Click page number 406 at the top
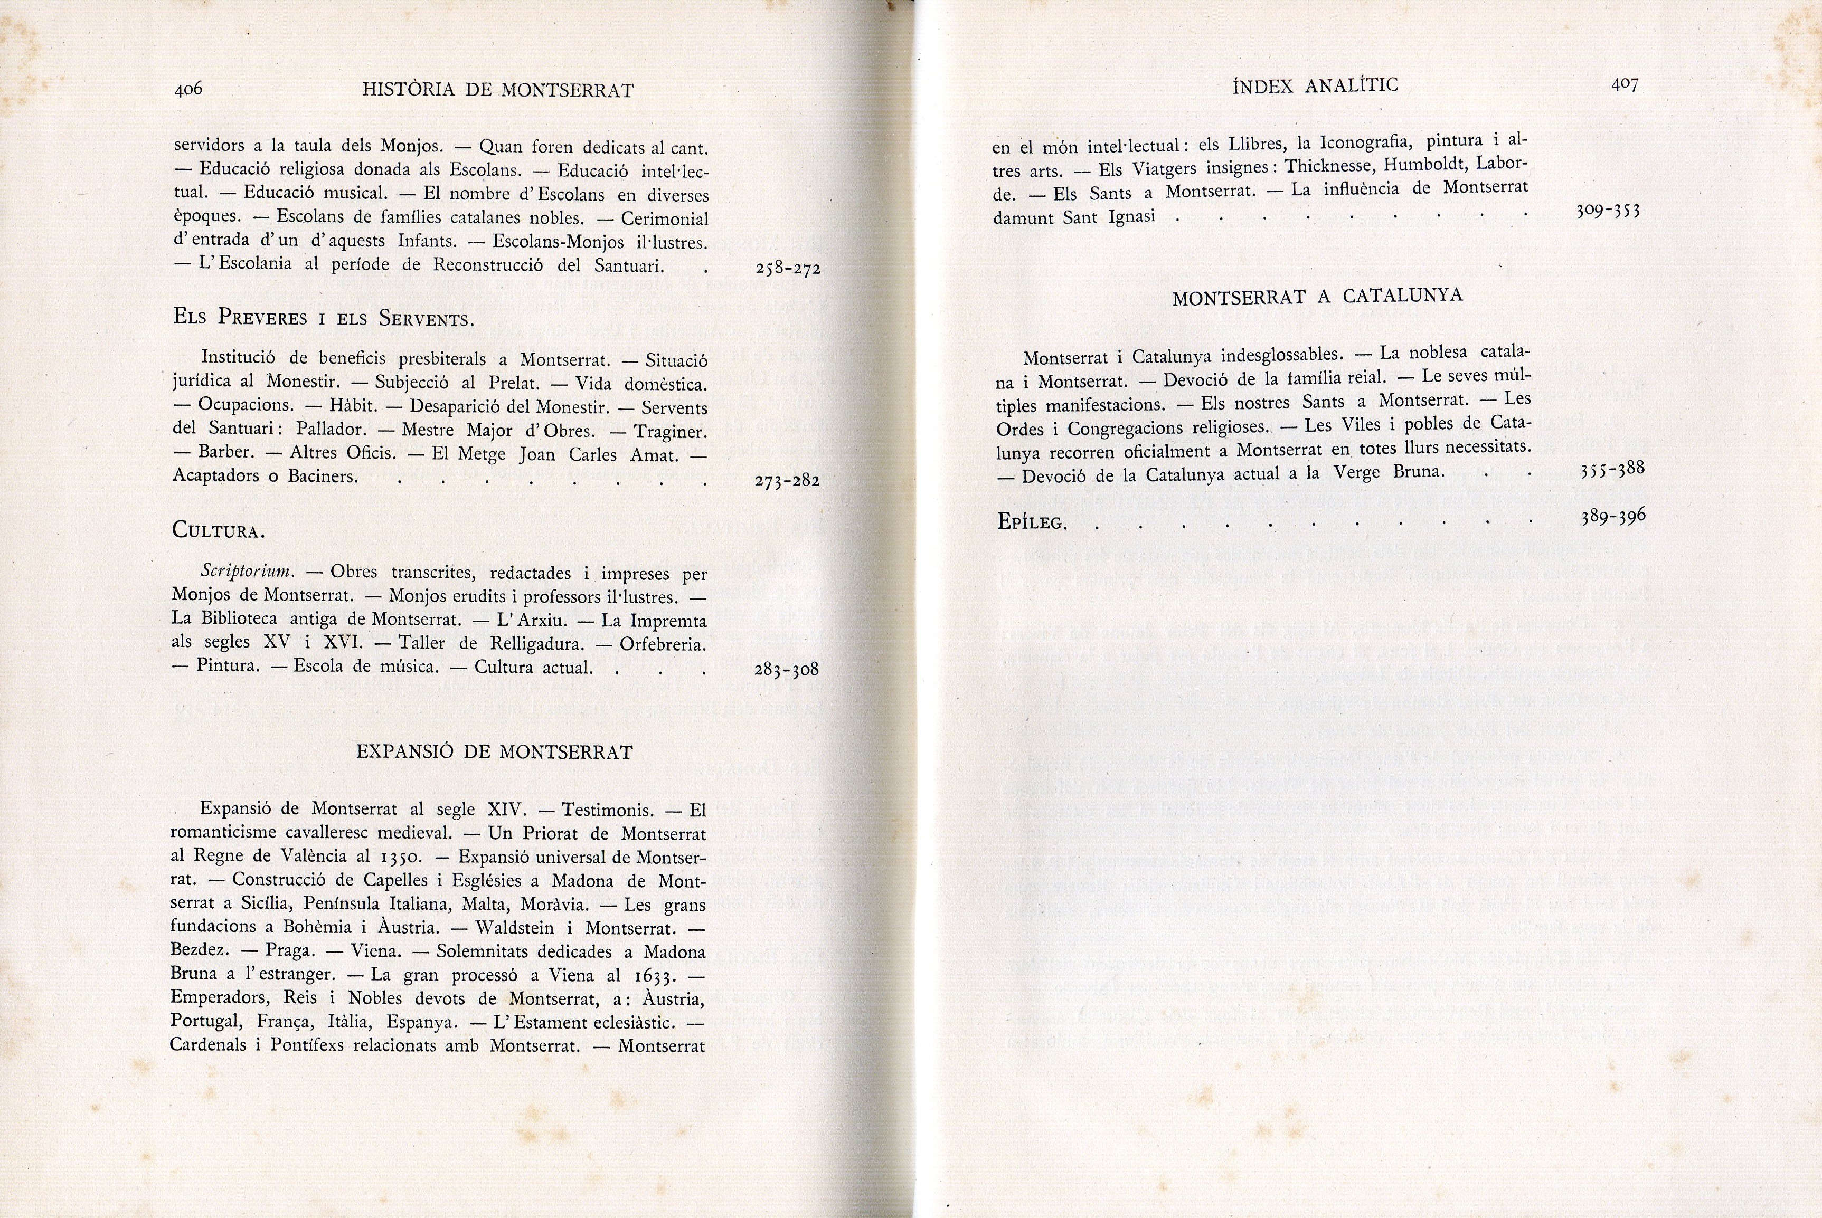point(188,89)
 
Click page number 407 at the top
point(1625,84)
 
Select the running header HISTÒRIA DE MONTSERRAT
point(498,90)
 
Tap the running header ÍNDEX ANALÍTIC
point(1315,85)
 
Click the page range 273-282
point(787,481)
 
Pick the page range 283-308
point(786,670)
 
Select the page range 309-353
point(1608,211)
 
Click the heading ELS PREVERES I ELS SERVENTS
point(323,318)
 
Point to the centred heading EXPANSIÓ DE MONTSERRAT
point(494,752)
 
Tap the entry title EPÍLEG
point(1032,522)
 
